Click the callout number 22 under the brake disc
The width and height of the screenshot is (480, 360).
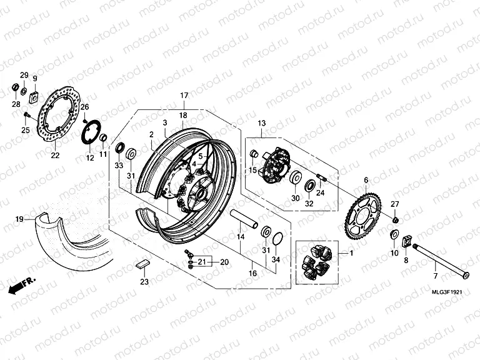point(55,156)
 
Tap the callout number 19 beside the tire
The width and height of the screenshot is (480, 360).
point(19,219)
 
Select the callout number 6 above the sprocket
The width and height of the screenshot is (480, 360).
point(366,180)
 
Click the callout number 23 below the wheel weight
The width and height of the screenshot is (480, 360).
point(144,282)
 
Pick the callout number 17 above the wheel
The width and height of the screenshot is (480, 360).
point(184,95)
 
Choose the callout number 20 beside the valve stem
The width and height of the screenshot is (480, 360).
point(224,262)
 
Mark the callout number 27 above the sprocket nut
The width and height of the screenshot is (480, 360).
point(394,204)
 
